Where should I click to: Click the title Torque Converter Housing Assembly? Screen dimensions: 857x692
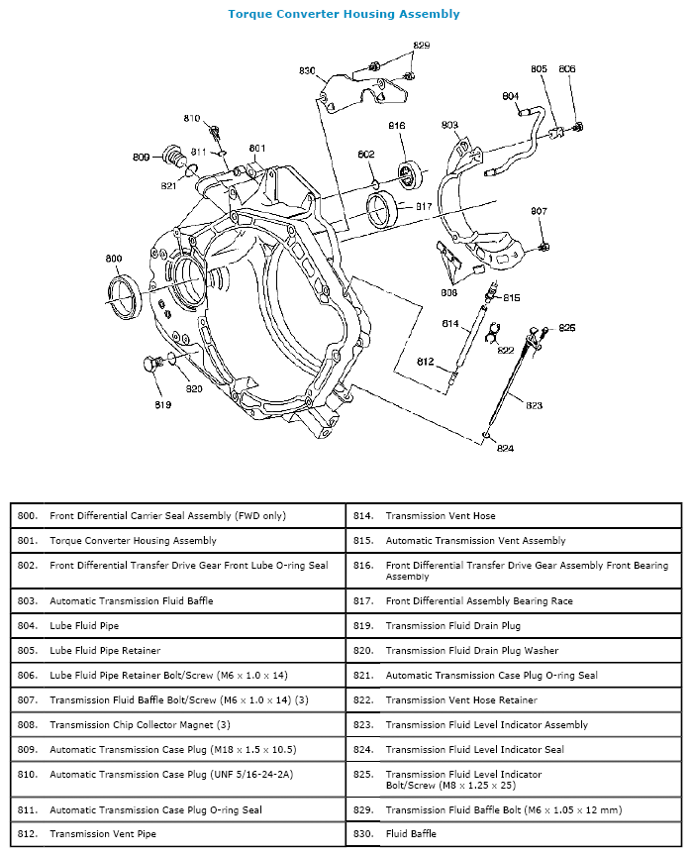click(x=344, y=14)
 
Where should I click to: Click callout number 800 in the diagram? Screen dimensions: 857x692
click(x=114, y=259)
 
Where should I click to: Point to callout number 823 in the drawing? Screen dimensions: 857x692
click(x=534, y=405)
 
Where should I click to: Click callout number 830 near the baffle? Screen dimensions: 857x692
click(x=307, y=70)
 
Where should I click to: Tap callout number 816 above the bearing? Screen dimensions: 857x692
click(x=397, y=126)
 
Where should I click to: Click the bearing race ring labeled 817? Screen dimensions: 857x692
click(x=381, y=210)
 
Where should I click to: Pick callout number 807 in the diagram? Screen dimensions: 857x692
click(x=539, y=211)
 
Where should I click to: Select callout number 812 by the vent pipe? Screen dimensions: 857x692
click(x=425, y=362)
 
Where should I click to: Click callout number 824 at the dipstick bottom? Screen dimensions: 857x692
click(x=505, y=448)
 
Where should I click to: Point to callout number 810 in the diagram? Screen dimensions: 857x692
click(x=192, y=119)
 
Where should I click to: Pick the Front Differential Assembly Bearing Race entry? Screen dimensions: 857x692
click(x=478, y=600)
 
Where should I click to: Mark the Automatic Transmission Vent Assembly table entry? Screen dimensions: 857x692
click(x=475, y=540)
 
